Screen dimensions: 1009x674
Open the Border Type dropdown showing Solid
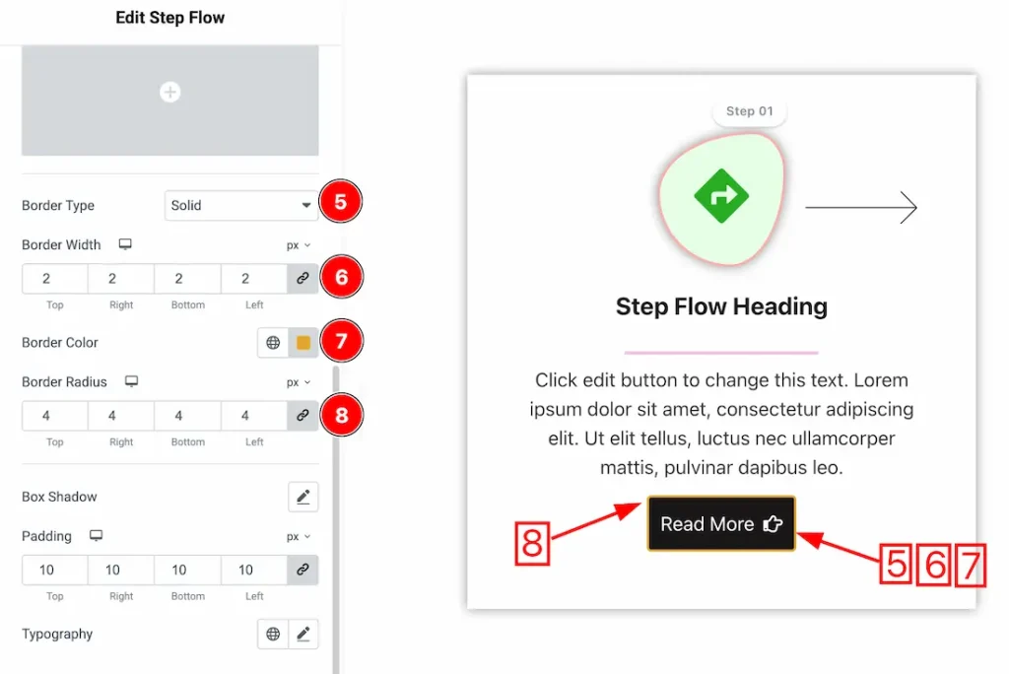(240, 205)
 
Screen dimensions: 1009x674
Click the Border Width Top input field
(55, 279)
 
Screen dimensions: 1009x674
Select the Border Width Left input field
(253, 279)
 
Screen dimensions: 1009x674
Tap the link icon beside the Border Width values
(303, 279)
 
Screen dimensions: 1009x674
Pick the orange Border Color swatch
(303, 343)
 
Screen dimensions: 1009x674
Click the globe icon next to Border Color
(273, 343)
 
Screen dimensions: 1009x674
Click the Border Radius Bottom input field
(187, 416)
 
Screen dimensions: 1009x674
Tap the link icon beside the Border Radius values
(303, 416)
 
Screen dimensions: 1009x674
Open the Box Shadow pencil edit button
(303, 497)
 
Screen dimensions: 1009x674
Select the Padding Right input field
(121, 570)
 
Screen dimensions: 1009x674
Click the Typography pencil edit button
(303, 634)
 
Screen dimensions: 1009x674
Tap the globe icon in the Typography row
(273, 634)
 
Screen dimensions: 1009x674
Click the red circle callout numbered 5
(340, 202)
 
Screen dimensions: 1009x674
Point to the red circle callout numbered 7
(342, 341)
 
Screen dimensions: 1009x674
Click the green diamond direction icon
(721, 196)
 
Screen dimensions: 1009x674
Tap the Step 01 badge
(750, 111)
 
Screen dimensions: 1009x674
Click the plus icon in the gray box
(169, 92)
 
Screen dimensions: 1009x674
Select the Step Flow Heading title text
(721, 306)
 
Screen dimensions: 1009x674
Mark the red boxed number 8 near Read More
(532, 543)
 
